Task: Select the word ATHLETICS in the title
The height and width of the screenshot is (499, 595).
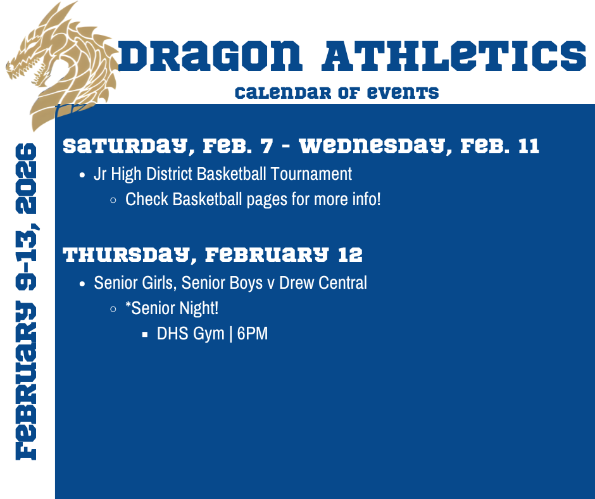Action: pos(454,56)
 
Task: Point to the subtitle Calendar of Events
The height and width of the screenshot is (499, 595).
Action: pos(336,92)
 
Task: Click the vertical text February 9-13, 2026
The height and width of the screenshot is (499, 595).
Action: pos(26,301)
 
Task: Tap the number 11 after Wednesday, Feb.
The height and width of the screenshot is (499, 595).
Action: pos(527,146)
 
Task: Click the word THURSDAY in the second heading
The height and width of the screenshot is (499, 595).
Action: pos(124,255)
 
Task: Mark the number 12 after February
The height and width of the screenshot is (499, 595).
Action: pos(350,255)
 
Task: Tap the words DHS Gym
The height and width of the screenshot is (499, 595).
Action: pos(191,334)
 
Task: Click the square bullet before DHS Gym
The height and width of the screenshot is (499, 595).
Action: pos(145,334)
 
